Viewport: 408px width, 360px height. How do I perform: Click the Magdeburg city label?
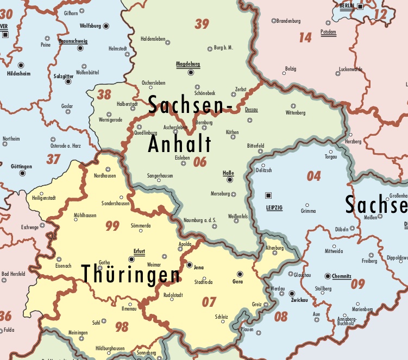coord(188,64)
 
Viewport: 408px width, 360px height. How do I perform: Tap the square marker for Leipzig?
coord(268,195)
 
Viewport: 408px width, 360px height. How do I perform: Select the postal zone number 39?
coord(202,24)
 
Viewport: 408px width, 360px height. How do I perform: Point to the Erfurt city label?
coord(140,251)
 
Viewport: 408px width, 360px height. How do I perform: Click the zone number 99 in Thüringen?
coord(112,226)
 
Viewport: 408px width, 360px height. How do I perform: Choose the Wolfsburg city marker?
coord(106,26)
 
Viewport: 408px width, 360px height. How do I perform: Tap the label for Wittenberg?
coord(296,113)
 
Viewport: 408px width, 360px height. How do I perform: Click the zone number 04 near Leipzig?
coord(314,176)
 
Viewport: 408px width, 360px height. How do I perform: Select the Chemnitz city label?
coord(342,276)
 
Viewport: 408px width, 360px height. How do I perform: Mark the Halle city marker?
coord(230,179)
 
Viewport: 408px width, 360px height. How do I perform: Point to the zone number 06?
coord(200,161)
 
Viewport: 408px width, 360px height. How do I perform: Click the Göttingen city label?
coord(21,166)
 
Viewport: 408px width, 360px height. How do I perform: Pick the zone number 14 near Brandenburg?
coord(305,37)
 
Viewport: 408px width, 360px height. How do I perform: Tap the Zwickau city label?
coord(300,300)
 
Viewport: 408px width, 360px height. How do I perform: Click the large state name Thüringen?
coord(131,275)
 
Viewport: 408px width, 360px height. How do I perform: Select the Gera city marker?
coord(240,274)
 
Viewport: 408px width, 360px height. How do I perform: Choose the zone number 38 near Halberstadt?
coord(104,94)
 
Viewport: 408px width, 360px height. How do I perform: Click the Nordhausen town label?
coord(105,176)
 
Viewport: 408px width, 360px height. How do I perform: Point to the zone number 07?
coord(209,302)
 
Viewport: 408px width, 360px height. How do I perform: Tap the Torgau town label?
coord(330,157)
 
